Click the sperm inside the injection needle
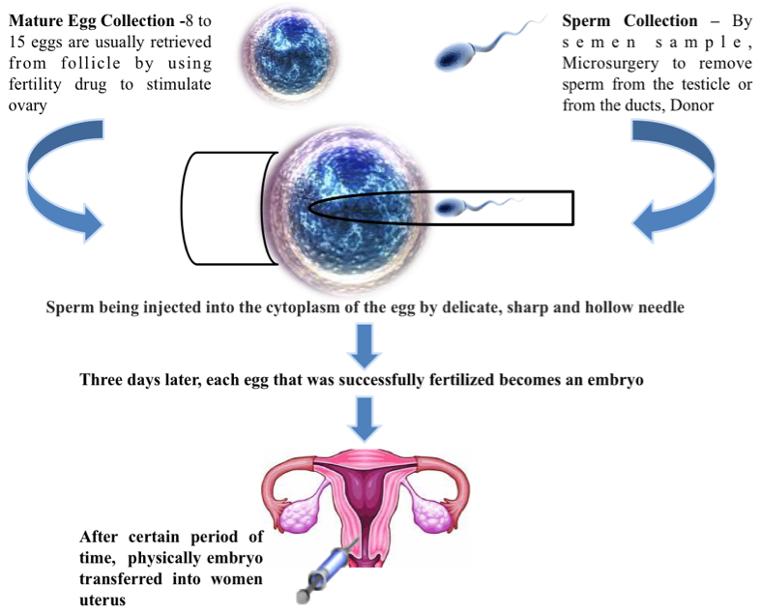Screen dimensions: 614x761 pyautogui.click(x=452, y=207)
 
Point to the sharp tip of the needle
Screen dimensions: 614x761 pyautogui.click(x=312, y=207)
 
